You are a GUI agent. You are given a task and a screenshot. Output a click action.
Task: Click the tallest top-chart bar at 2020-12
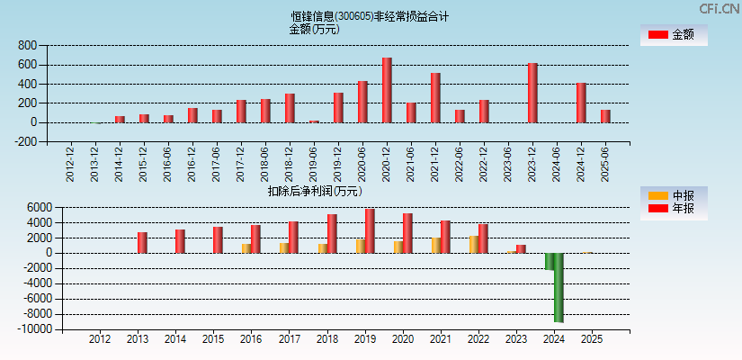pos(387,90)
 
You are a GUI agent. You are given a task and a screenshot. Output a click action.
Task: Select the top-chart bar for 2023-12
pos(532,93)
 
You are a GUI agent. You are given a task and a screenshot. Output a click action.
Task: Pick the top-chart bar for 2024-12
pos(581,103)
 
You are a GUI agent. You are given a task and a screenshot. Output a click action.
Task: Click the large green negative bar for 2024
pos(559,287)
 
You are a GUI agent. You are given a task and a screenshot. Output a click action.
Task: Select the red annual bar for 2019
pos(370,231)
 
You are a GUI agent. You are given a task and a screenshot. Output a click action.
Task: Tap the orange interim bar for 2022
pos(473,245)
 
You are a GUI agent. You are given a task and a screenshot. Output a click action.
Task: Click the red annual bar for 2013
pos(142,243)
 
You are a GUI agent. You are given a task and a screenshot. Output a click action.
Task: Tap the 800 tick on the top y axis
pos(27,46)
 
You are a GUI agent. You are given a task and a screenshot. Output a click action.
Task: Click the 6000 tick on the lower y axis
pos(36,207)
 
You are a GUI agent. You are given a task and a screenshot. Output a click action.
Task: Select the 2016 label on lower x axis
pos(251,339)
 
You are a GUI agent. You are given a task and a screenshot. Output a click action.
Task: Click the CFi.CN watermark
pos(720,8)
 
